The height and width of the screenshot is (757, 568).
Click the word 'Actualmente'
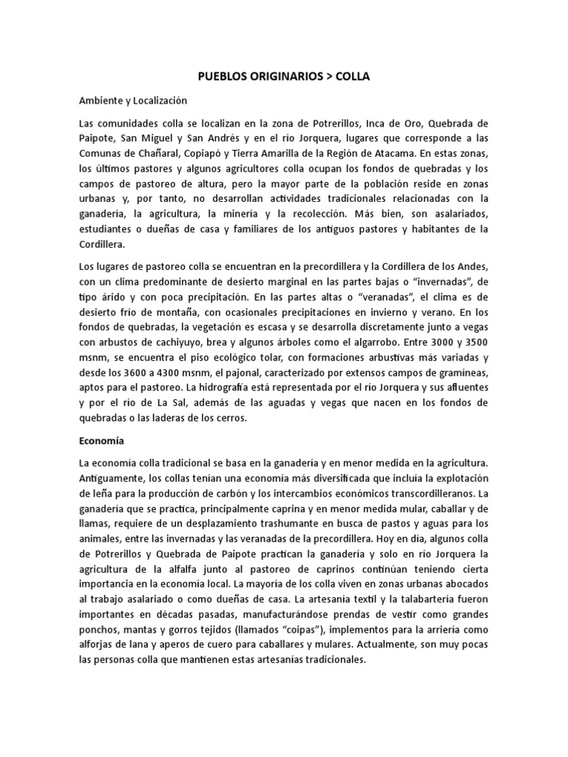click(385, 629)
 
